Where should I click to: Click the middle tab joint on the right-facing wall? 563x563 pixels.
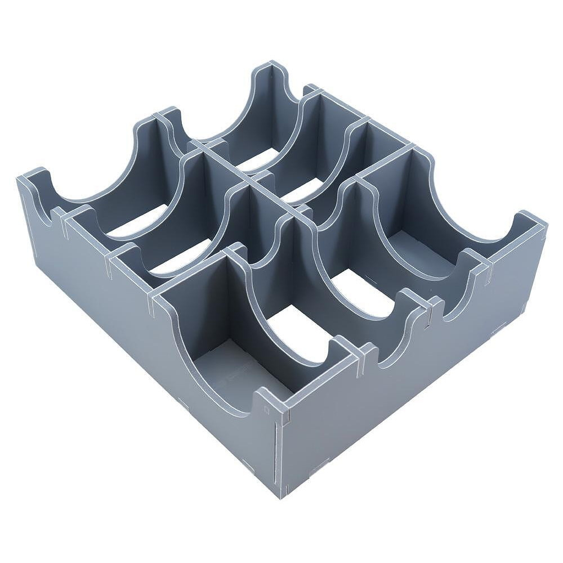click(x=429, y=306)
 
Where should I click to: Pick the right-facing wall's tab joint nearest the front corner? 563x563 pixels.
click(x=367, y=351)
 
